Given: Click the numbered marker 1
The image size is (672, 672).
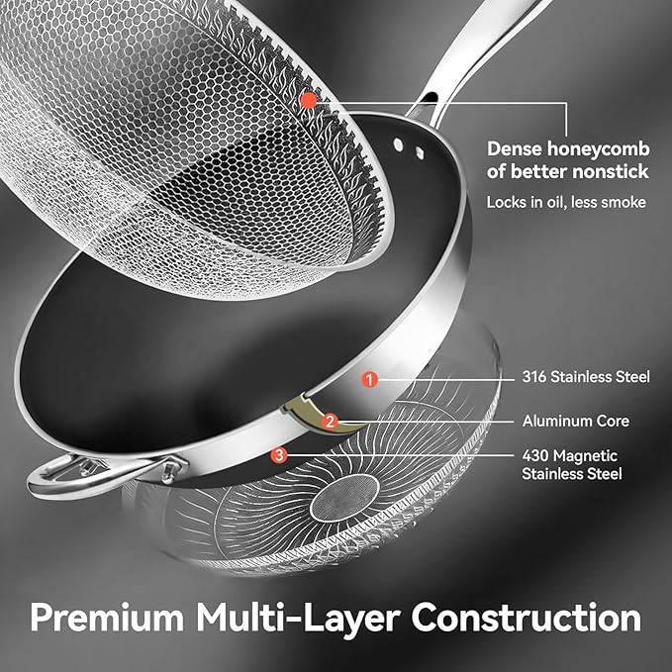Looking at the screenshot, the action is pyautogui.click(x=369, y=379).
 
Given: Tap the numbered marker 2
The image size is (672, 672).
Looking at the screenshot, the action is pyautogui.click(x=330, y=422).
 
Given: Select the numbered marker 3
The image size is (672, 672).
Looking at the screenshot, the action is pyautogui.click(x=279, y=455).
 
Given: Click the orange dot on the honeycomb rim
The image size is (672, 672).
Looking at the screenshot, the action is pyautogui.click(x=309, y=101).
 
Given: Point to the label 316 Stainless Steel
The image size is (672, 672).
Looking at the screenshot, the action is pyautogui.click(x=586, y=377).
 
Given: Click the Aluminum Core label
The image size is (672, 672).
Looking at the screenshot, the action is pyautogui.click(x=576, y=421).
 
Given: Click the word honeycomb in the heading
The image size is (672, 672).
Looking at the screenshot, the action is pyautogui.click(x=599, y=149).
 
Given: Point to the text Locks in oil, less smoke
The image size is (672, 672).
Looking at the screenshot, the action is pyautogui.click(x=566, y=202).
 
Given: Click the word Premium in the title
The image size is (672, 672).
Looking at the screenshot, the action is pyautogui.click(x=107, y=619).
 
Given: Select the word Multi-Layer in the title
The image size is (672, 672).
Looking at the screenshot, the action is pyautogui.click(x=298, y=619).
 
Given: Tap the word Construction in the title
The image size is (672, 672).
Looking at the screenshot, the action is pyautogui.click(x=527, y=618).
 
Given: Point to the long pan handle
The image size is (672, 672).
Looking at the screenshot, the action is pyautogui.click(x=475, y=51).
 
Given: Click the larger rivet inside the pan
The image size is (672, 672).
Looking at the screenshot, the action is pyautogui.click(x=399, y=144).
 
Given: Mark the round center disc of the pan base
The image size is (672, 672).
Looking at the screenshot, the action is pyautogui.click(x=345, y=498).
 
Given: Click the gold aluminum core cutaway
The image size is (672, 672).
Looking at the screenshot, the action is pyautogui.click(x=320, y=414).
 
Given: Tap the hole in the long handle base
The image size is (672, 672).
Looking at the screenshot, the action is pyautogui.click(x=429, y=98).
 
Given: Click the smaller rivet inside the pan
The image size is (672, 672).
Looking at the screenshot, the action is pyautogui.click(x=420, y=152).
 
